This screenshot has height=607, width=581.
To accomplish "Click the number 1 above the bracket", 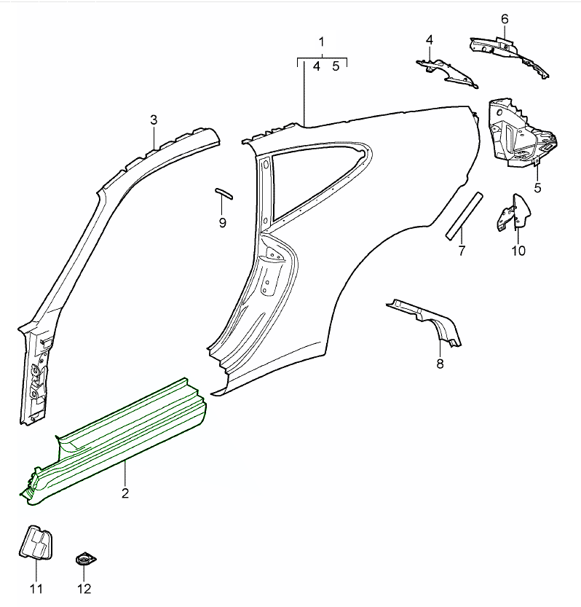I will (321, 42).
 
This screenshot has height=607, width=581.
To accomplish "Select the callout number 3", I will (154, 120).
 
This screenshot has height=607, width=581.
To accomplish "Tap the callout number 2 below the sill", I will (125, 493).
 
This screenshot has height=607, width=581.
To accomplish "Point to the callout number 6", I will (505, 18).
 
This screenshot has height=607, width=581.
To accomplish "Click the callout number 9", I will (223, 222).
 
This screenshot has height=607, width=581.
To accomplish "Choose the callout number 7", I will (461, 251).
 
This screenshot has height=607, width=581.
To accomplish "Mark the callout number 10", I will (518, 251).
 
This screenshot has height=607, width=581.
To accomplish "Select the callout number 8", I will (440, 364).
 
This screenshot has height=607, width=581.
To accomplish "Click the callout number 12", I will (86, 588).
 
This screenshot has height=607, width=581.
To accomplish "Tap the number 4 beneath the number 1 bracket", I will (317, 66).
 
